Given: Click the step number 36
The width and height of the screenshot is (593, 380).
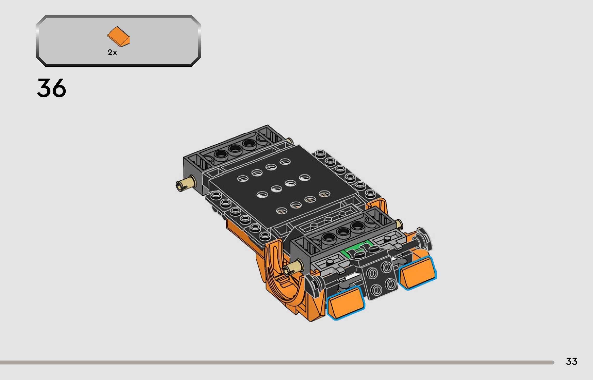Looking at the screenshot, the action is (51, 88).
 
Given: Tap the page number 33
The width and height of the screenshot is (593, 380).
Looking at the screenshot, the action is (572, 361).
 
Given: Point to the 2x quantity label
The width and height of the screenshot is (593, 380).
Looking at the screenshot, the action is (112, 53).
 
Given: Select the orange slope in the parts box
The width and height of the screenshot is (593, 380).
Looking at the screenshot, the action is (118, 37).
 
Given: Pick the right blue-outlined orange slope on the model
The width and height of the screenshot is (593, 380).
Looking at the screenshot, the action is (417, 273).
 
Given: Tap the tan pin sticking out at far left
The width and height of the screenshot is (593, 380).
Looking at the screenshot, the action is (185, 183).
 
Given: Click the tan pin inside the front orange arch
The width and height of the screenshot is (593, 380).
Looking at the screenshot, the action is (293, 268).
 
